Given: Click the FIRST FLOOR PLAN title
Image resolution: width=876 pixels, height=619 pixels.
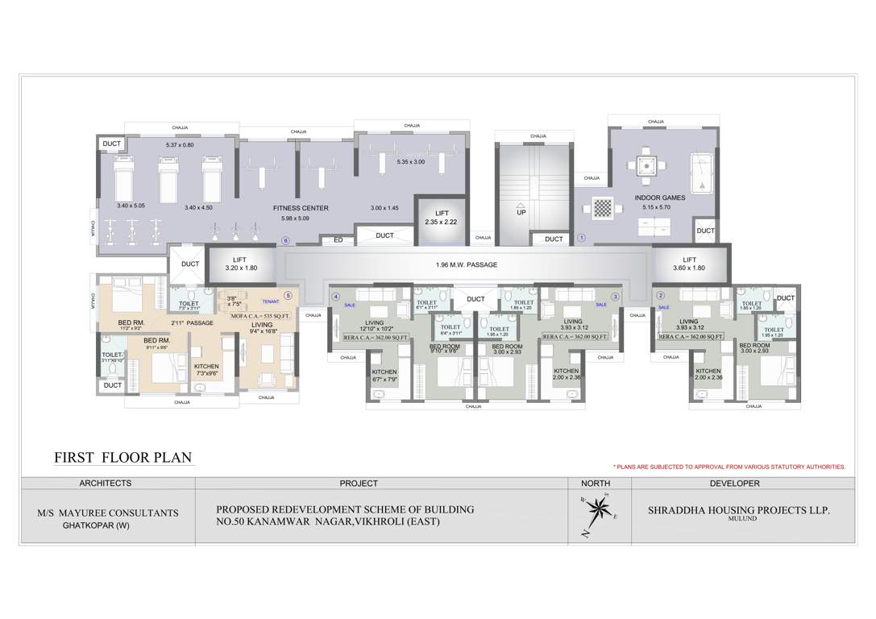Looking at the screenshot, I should [122, 458].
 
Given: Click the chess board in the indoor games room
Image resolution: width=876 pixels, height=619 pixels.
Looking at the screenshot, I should [604, 206].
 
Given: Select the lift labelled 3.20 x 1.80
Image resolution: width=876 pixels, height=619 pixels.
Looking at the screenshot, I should [240, 263].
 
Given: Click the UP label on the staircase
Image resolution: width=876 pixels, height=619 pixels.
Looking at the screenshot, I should [521, 213].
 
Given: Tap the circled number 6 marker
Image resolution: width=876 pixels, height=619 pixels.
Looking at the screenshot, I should [284, 239].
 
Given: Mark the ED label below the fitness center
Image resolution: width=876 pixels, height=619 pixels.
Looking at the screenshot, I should [338, 239].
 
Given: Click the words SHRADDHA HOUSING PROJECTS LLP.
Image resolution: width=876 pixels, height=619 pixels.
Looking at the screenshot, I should [739, 511].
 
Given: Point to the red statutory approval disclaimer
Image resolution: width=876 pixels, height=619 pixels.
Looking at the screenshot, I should [729, 467].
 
